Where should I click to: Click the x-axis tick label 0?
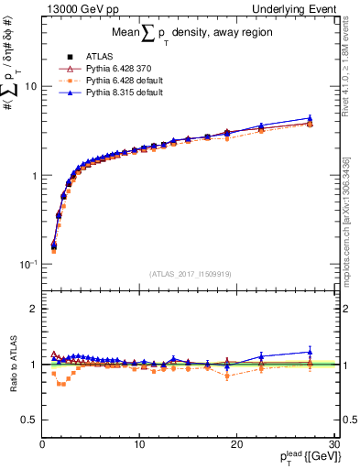(x=43, y=445)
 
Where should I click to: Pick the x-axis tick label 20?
(x=236, y=445)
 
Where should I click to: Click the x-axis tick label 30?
(x=333, y=445)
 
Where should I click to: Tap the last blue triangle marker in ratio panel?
(x=310, y=352)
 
